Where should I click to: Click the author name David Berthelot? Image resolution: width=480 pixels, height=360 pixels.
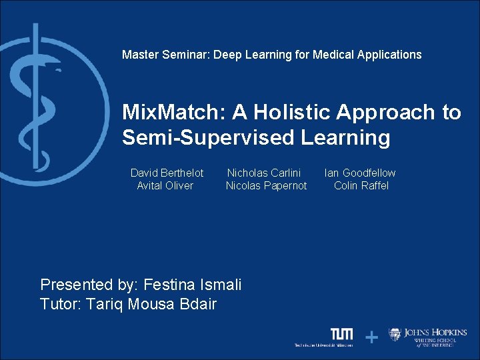click(167, 173)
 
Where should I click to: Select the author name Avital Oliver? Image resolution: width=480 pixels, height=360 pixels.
click(165, 185)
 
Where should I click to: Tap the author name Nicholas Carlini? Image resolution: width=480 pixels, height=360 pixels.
click(264, 173)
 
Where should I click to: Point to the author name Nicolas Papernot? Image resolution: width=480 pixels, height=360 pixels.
click(266, 185)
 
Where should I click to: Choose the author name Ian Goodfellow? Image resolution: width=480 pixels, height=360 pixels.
click(359, 173)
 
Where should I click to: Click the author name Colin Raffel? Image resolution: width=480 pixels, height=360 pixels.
click(361, 185)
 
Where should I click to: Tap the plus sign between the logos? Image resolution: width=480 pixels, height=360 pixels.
click(371, 338)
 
